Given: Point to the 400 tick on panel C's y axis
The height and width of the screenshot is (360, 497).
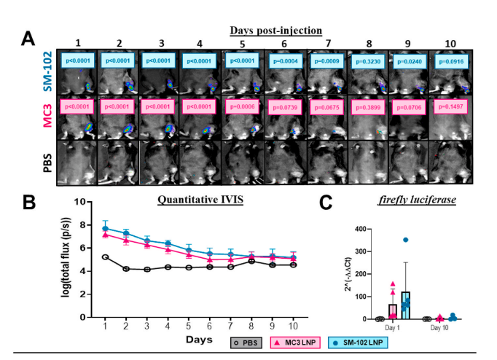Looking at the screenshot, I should pos(359,229).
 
